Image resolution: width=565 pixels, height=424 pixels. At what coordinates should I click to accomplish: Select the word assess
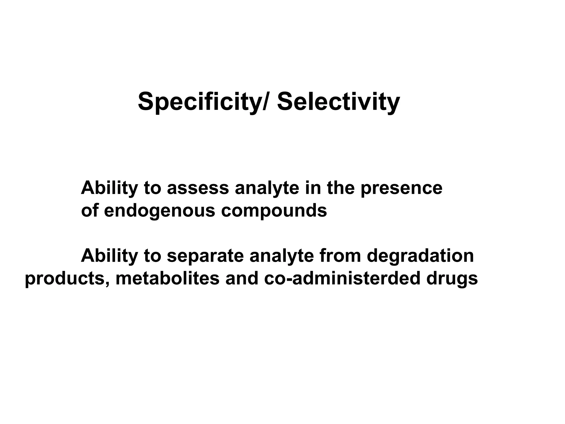[198, 188]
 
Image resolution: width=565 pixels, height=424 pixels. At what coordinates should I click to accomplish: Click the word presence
[401, 188]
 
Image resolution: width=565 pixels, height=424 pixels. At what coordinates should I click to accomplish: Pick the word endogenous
[159, 211]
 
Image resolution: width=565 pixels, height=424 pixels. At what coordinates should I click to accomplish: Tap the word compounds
[274, 211]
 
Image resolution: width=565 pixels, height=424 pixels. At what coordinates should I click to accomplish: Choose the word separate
[205, 256]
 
